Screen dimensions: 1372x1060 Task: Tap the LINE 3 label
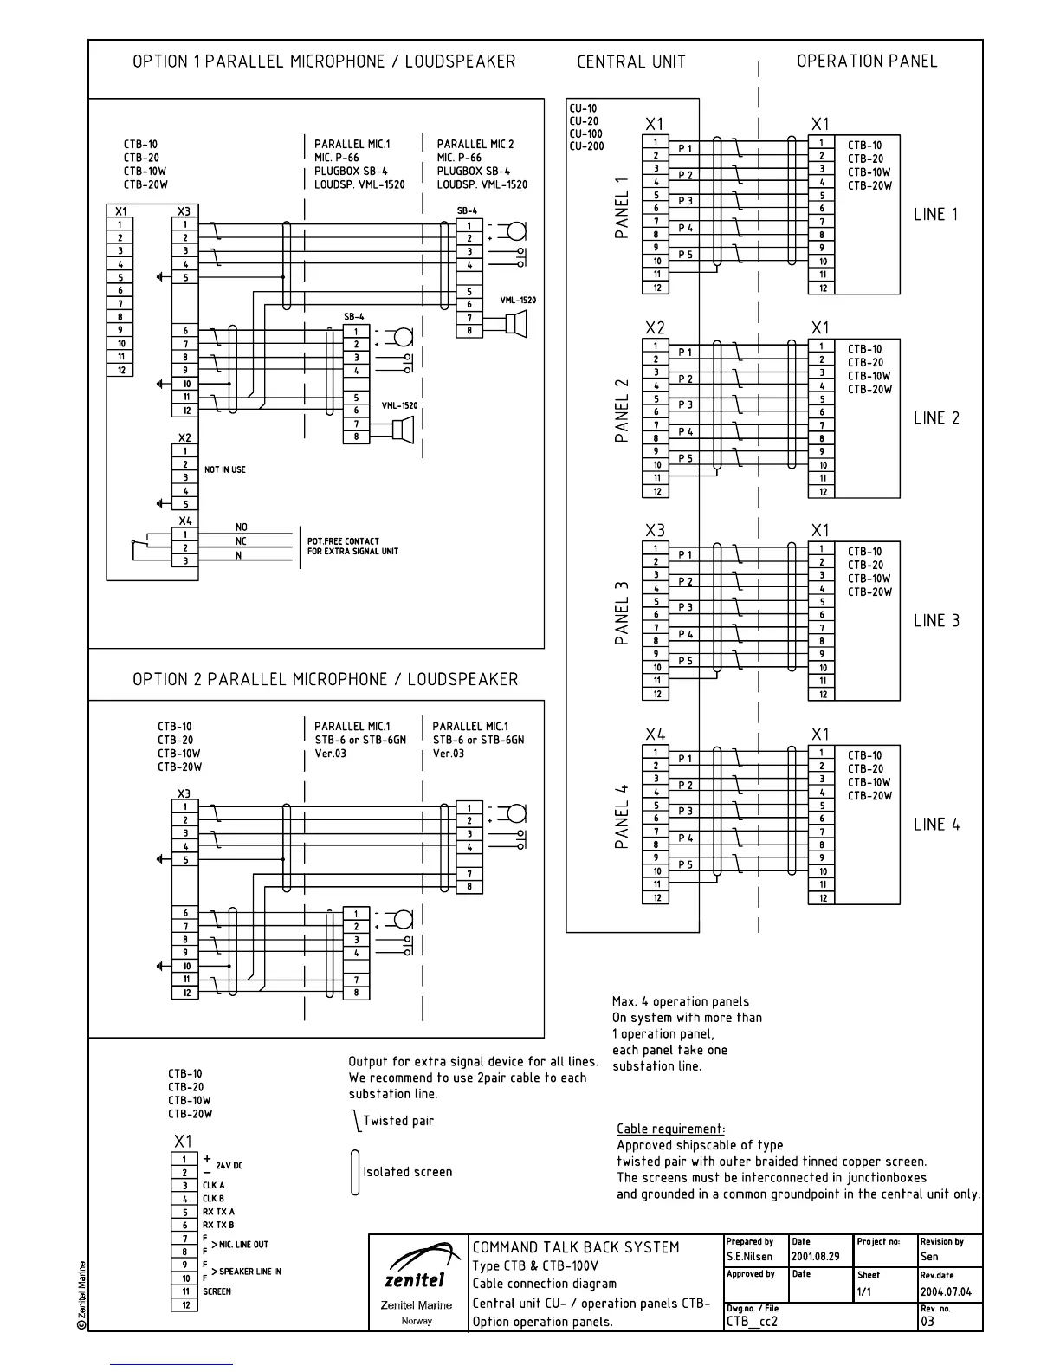936,620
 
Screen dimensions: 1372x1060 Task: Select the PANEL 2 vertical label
622,411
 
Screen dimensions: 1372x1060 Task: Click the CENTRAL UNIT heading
631,61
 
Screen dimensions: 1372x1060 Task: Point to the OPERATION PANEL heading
867,61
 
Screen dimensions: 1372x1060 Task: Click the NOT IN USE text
225,469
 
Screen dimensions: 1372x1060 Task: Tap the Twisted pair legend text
397,1121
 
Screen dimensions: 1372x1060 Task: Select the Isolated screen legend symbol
355,1172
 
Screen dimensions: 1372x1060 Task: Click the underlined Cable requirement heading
670,1129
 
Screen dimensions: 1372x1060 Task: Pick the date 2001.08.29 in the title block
815,1256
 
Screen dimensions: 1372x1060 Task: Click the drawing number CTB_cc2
753,1321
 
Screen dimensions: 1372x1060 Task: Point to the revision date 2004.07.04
946,1291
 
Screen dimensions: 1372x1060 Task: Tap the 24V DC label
229,1166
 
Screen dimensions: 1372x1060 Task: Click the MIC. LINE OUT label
243,1245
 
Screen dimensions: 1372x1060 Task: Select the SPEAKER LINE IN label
249,1272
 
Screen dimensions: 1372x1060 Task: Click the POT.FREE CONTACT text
343,541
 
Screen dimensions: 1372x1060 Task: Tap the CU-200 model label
585,146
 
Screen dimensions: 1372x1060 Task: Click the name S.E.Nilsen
749,1256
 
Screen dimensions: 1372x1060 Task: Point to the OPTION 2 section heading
325,679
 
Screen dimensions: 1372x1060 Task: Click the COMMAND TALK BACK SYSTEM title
575,1247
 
